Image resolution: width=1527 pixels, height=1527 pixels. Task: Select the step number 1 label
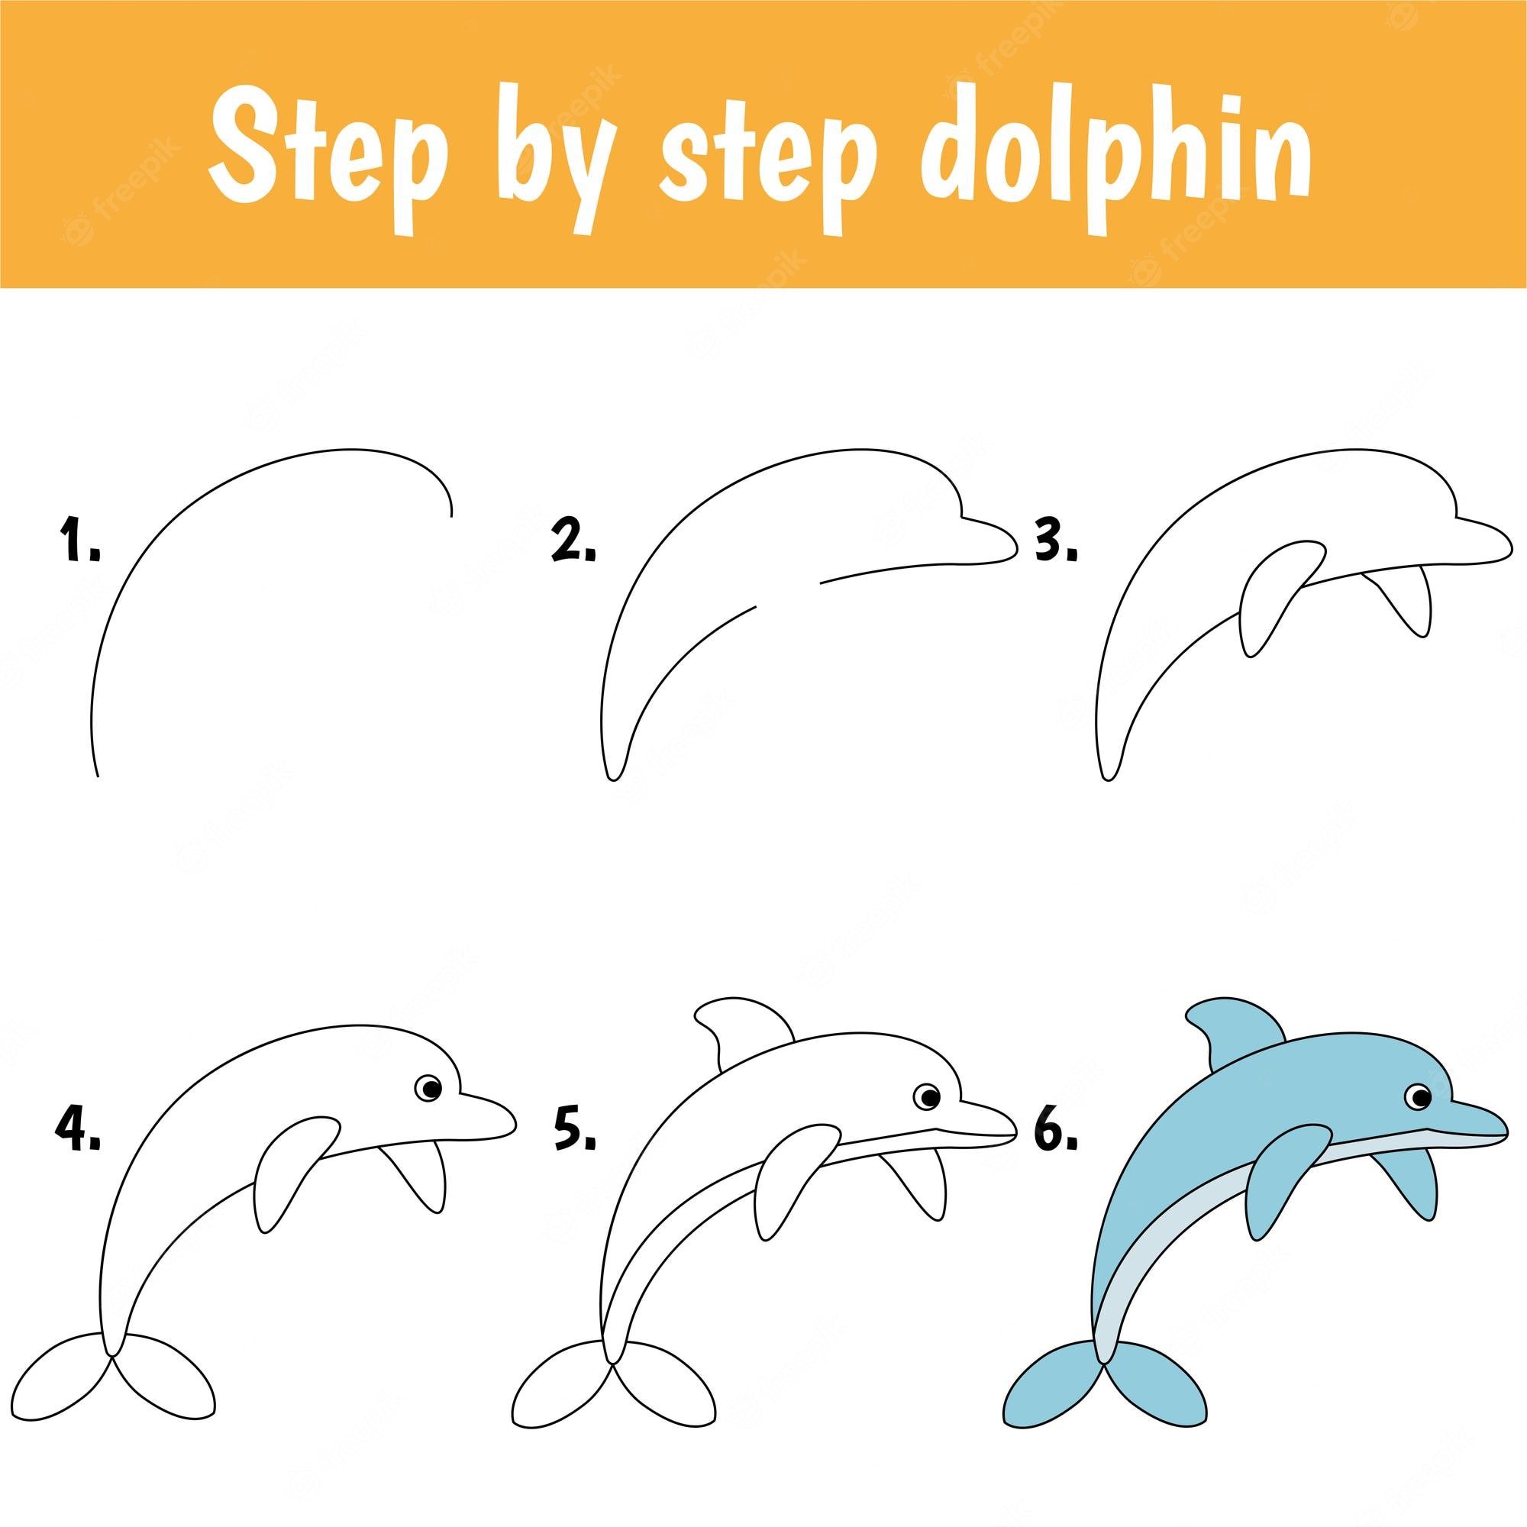coord(82,541)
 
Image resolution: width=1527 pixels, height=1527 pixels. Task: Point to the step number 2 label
coord(573,541)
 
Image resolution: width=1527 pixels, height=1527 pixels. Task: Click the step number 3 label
coord(1057,541)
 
